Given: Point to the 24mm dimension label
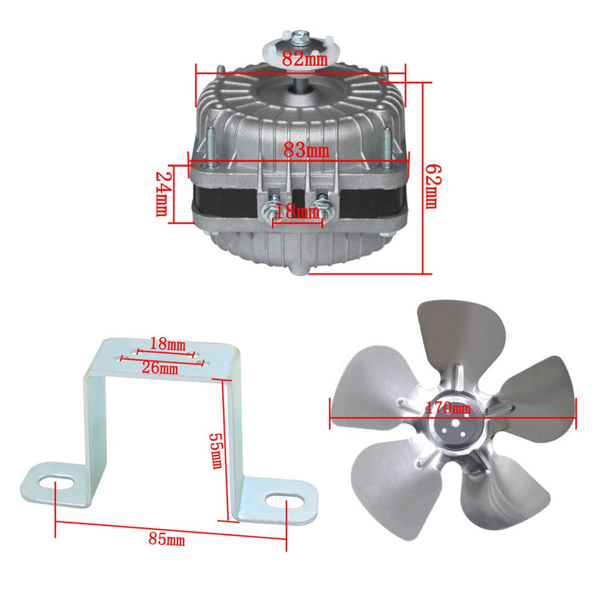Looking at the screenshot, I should (164, 192).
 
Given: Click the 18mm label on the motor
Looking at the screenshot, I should (297, 213).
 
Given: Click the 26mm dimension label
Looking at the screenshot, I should (159, 367).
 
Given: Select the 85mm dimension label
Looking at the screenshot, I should (166, 539).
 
